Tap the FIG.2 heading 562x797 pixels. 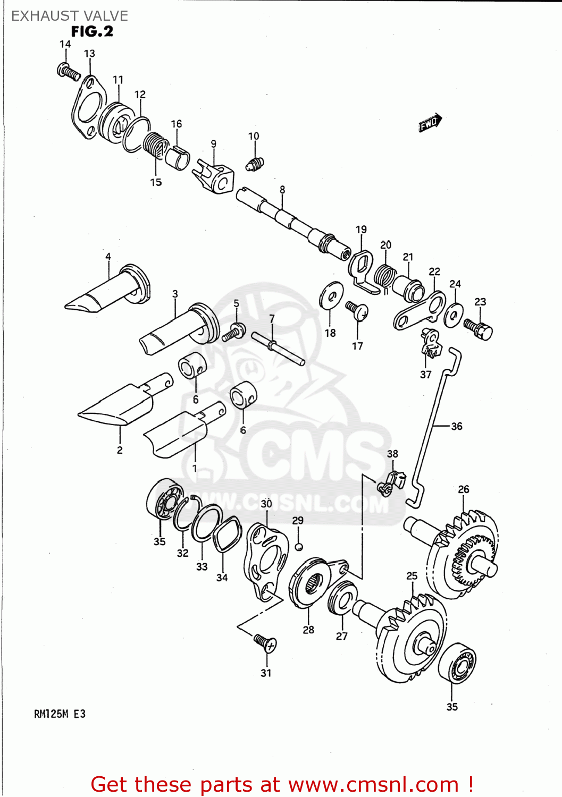(x=92, y=32)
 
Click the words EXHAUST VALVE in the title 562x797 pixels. (x=70, y=16)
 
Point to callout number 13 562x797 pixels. (x=89, y=54)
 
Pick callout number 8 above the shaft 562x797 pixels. (x=282, y=190)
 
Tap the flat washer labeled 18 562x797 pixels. (x=332, y=295)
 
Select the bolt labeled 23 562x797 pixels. (x=479, y=328)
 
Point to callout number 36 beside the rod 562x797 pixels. (x=456, y=426)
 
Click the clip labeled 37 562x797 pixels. (x=431, y=343)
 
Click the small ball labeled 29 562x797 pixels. (x=299, y=547)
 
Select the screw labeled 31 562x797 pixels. (x=265, y=642)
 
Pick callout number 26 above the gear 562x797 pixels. (x=464, y=489)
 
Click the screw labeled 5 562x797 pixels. (x=233, y=332)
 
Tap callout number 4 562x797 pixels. (x=108, y=257)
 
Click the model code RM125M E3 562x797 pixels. (x=60, y=714)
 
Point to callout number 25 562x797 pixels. (x=412, y=576)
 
